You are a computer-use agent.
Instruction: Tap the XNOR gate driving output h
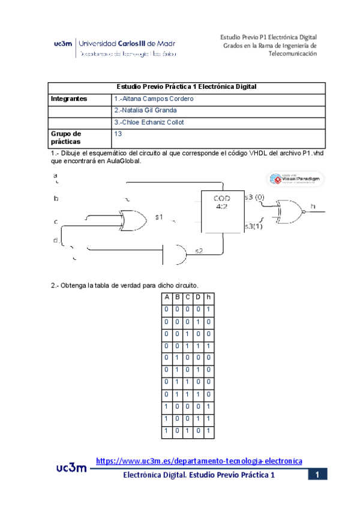288,211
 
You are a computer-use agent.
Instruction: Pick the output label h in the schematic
313,206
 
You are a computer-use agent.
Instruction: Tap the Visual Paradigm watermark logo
295,179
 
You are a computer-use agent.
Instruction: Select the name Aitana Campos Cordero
154,98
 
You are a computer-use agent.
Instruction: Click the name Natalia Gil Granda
145,110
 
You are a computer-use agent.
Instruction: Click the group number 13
118,134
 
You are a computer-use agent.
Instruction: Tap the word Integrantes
69,98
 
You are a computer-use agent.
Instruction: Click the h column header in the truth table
208,298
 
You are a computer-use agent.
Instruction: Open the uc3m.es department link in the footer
199,460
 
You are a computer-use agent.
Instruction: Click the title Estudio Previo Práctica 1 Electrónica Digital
186,87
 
